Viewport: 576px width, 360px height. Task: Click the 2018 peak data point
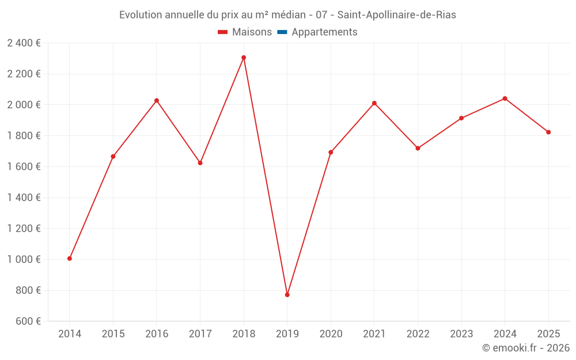point(244,58)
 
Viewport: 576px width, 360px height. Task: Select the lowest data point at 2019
point(287,295)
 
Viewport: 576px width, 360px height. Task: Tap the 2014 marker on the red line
point(70,259)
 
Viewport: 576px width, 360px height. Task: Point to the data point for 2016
point(157,101)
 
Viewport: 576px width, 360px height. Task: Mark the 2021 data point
point(374,103)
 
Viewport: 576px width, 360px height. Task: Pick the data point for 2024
point(505,98)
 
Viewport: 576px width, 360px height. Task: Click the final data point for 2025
point(548,132)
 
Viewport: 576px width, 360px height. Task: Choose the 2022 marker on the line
point(418,149)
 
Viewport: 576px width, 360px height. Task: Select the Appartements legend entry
point(324,32)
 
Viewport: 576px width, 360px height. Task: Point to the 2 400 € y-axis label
point(24,43)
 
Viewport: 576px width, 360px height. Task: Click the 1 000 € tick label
point(24,259)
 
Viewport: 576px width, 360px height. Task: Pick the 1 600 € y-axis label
point(24,166)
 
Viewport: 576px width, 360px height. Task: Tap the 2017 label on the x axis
point(200,334)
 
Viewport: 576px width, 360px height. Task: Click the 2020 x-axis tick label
point(331,334)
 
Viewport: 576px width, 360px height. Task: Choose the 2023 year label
point(461,334)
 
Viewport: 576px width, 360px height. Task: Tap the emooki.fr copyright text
point(525,348)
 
